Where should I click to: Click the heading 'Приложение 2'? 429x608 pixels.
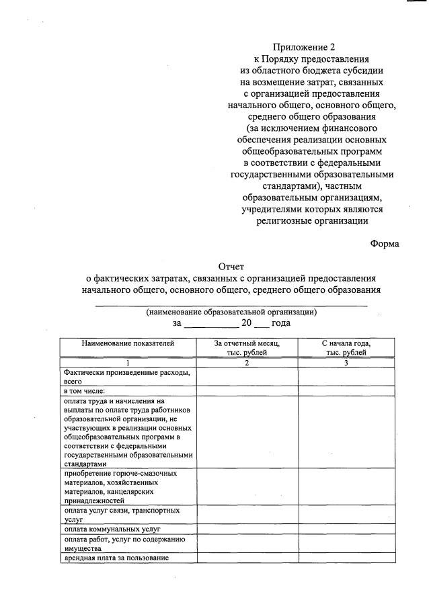coord(303,47)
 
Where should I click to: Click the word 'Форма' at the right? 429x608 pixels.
coord(385,244)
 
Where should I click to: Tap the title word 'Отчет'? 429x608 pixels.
coord(232,266)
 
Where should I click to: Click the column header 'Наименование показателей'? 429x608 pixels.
coord(128,343)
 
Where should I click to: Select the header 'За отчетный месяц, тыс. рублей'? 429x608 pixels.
coord(247,347)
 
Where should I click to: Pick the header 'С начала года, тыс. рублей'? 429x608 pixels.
coord(346,347)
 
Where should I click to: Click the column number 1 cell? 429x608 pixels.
coord(128,363)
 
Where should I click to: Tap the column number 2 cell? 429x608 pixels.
coord(247,363)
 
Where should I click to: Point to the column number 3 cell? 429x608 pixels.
coord(346,363)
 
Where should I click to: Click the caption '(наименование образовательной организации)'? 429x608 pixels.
coord(232,312)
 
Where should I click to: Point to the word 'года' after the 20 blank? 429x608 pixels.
coord(281,323)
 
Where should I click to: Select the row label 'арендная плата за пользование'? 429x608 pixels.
coord(116,558)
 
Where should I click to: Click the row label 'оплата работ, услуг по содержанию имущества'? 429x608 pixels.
coord(120,544)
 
